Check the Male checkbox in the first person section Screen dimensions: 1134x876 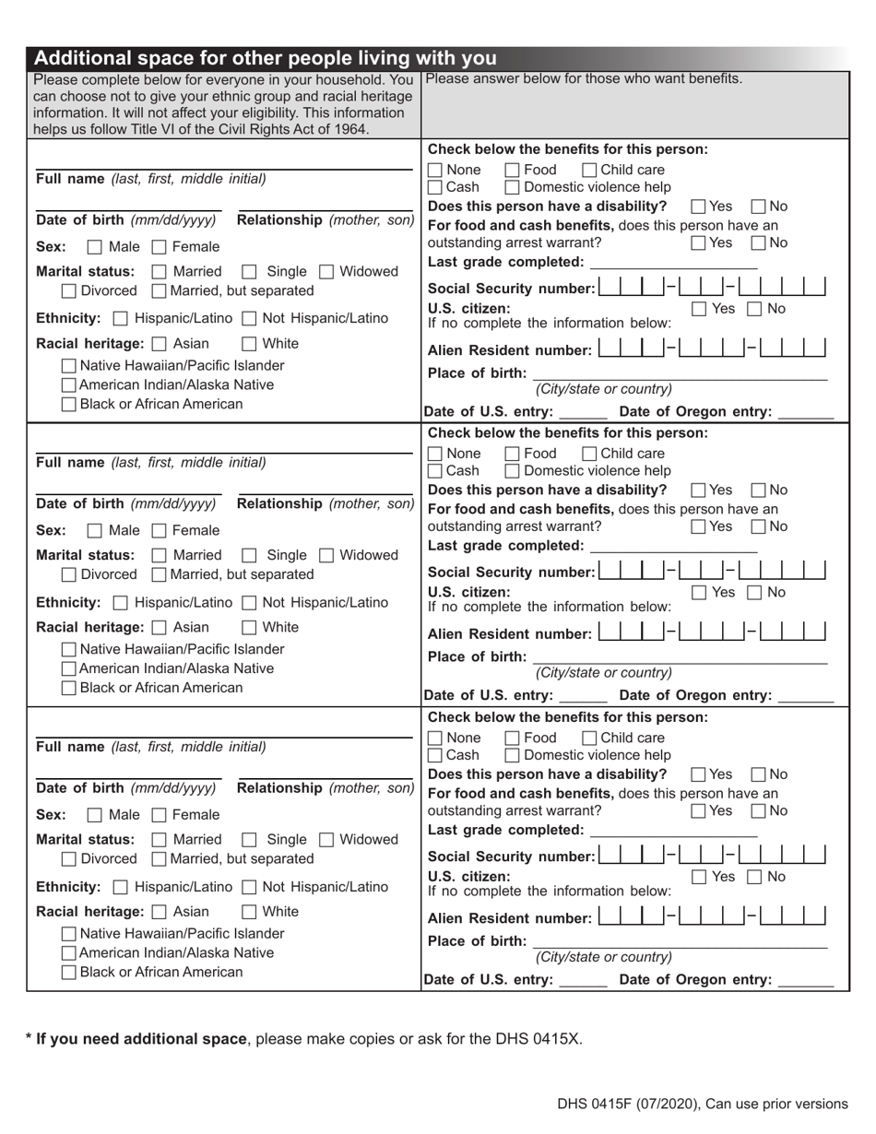click(94, 247)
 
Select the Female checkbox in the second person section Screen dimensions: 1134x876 click(159, 531)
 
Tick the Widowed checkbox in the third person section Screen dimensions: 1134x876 click(326, 840)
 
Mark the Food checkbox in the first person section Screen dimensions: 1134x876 click(513, 171)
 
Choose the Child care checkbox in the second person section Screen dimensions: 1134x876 click(589, 454)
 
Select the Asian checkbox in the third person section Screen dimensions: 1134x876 click(159, 913)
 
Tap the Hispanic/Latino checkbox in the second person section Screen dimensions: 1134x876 click(120, 604)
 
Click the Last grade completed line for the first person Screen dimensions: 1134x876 click(673, 266)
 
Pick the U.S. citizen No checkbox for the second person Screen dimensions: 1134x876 click(754, 593)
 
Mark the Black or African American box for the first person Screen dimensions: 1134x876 click(69, 405)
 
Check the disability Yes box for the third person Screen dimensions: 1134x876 click(699, 775)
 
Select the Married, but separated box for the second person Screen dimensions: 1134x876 click(159, 575)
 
